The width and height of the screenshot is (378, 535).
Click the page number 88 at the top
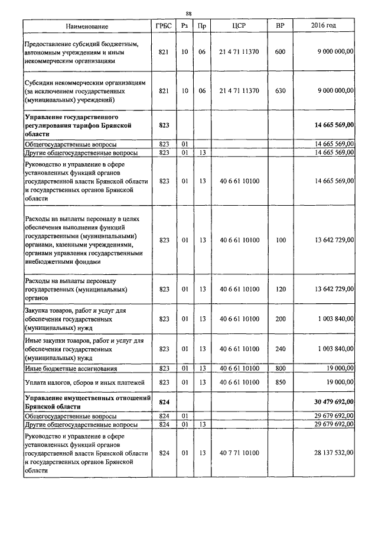(188, 13)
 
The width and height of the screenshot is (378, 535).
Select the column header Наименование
(87, 27)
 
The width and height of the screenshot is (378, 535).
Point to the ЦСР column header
(239, 27)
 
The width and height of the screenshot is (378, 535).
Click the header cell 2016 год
(323, 27)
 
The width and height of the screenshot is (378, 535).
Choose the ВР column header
(280, 27)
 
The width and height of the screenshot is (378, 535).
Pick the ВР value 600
(280, 52)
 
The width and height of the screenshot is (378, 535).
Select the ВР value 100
(280, 240)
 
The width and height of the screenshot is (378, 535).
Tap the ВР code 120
(280, 289)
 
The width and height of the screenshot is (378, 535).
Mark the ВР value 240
(280, 349)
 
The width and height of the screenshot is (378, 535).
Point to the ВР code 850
(280, 382)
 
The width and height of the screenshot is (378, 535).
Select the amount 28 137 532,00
(331, 452)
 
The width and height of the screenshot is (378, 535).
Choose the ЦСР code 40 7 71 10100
(239, 452)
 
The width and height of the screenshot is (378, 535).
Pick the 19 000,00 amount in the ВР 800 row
(337, 368)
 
